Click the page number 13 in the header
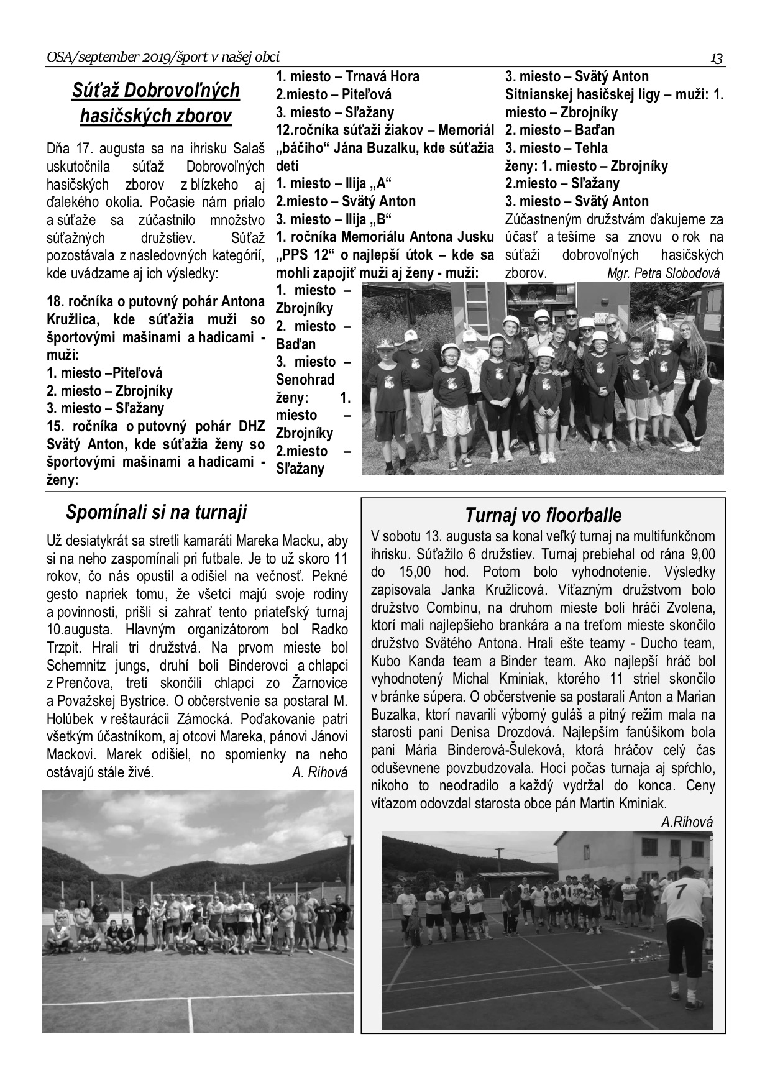click(717, 58)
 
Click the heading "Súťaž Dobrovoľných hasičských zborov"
click(155, 103)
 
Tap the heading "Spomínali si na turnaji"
click(156, 512)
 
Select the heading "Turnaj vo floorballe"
click(543, 515)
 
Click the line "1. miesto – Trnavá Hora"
click(347, 76)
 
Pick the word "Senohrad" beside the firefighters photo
click(305, 380)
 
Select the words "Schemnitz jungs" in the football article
click(91, 665)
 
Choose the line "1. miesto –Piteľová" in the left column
click(104, 373)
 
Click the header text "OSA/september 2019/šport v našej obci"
click(163, 58)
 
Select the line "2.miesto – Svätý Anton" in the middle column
click(346, 201)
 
